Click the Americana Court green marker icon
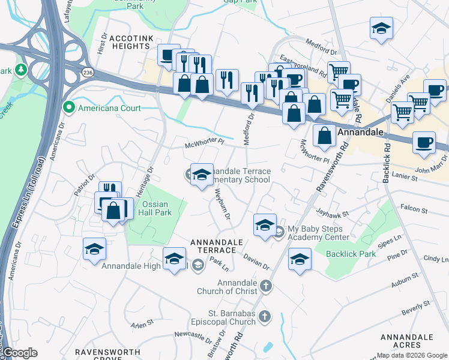[69, 108]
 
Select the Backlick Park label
[351, 254]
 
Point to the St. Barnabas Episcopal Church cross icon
[266, 316]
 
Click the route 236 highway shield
[88, 72]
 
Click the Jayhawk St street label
[333, 212]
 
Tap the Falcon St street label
[414, 211]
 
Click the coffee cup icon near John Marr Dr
[424, 143]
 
